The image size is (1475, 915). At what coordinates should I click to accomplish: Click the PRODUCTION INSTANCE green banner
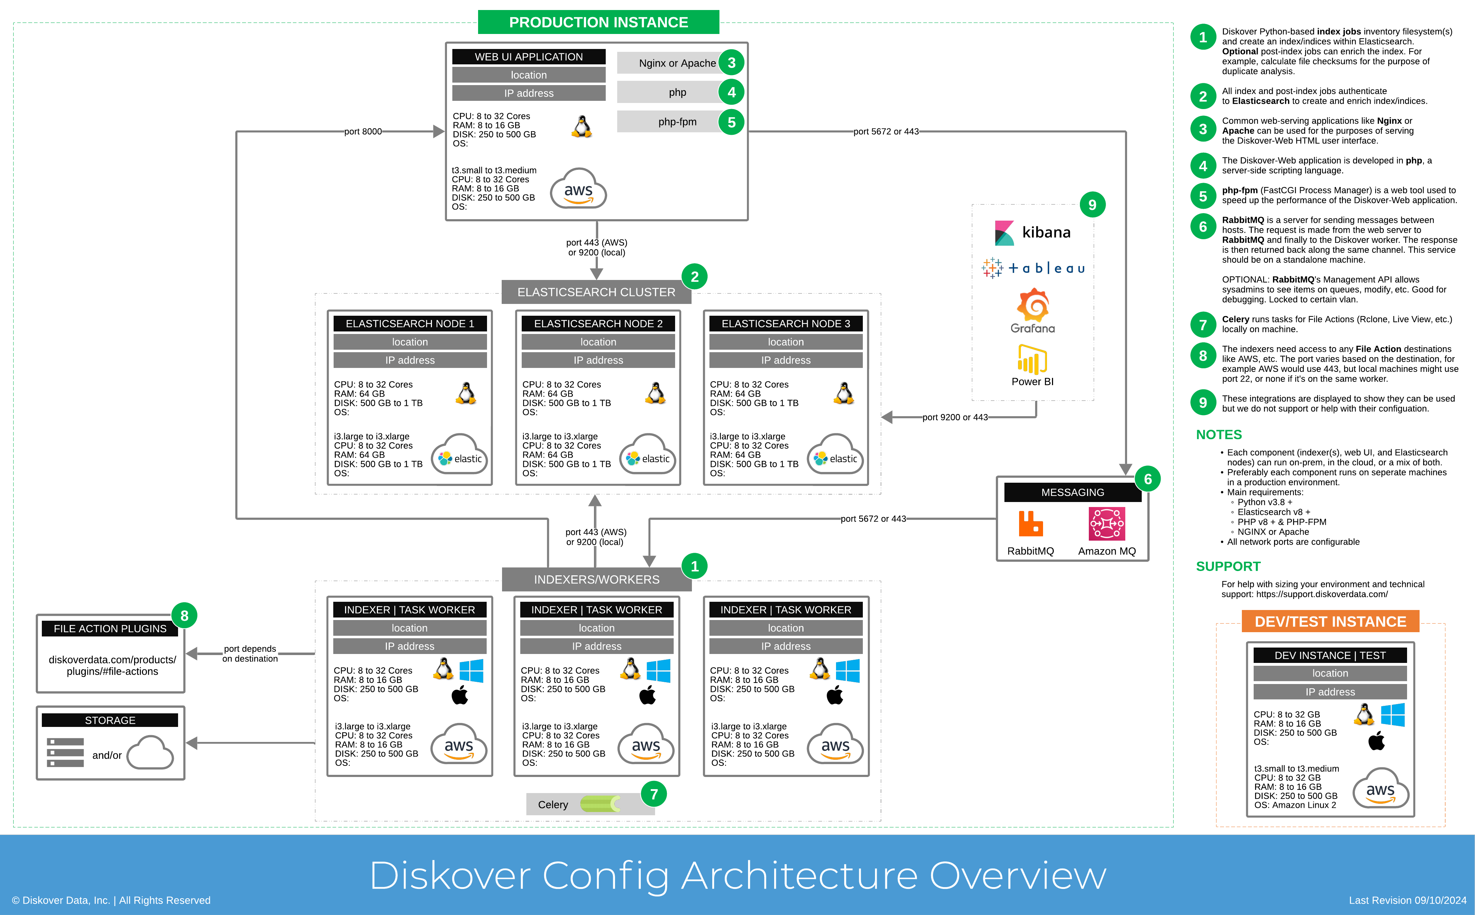[x=598, y=23]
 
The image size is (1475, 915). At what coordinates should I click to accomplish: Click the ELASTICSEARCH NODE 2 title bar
[x=598, y=324]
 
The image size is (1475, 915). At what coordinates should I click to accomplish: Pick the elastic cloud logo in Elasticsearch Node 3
[x=835, y=454]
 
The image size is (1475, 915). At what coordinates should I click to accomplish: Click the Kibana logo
[x=1032, y=232]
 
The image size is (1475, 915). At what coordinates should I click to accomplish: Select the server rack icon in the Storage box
[x=65, y=752]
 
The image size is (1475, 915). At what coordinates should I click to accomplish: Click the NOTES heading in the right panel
[x=1219, y=434]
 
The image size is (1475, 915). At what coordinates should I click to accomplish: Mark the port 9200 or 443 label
[x=955, y=417]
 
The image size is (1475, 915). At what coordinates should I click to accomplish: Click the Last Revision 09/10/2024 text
[x=1407, y=900]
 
